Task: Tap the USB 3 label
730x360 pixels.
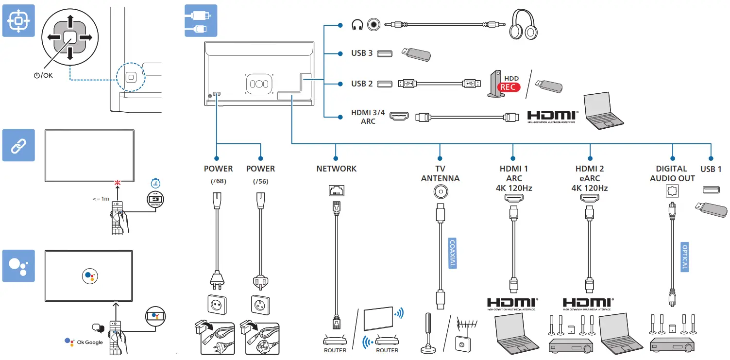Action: [362, 53]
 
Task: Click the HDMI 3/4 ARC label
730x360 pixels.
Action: [368, 117]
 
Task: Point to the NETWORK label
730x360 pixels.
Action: [336, 169]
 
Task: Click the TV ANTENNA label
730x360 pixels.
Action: [440, 173]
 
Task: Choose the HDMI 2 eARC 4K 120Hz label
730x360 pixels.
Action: [590, 178]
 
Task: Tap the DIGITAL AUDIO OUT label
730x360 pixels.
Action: [672, 173]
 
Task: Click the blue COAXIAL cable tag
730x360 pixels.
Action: [452, 252]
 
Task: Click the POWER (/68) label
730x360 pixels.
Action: [218, 173]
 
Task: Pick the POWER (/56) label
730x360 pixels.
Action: [260, 173]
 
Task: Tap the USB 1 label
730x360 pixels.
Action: [711, 169]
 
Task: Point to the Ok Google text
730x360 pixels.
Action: [90, 343]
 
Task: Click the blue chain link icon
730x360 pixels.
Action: [18, 145]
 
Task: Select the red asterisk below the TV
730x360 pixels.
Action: [117, 183]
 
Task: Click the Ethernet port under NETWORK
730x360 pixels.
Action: [336, 192]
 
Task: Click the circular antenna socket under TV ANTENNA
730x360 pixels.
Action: [440, 192]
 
